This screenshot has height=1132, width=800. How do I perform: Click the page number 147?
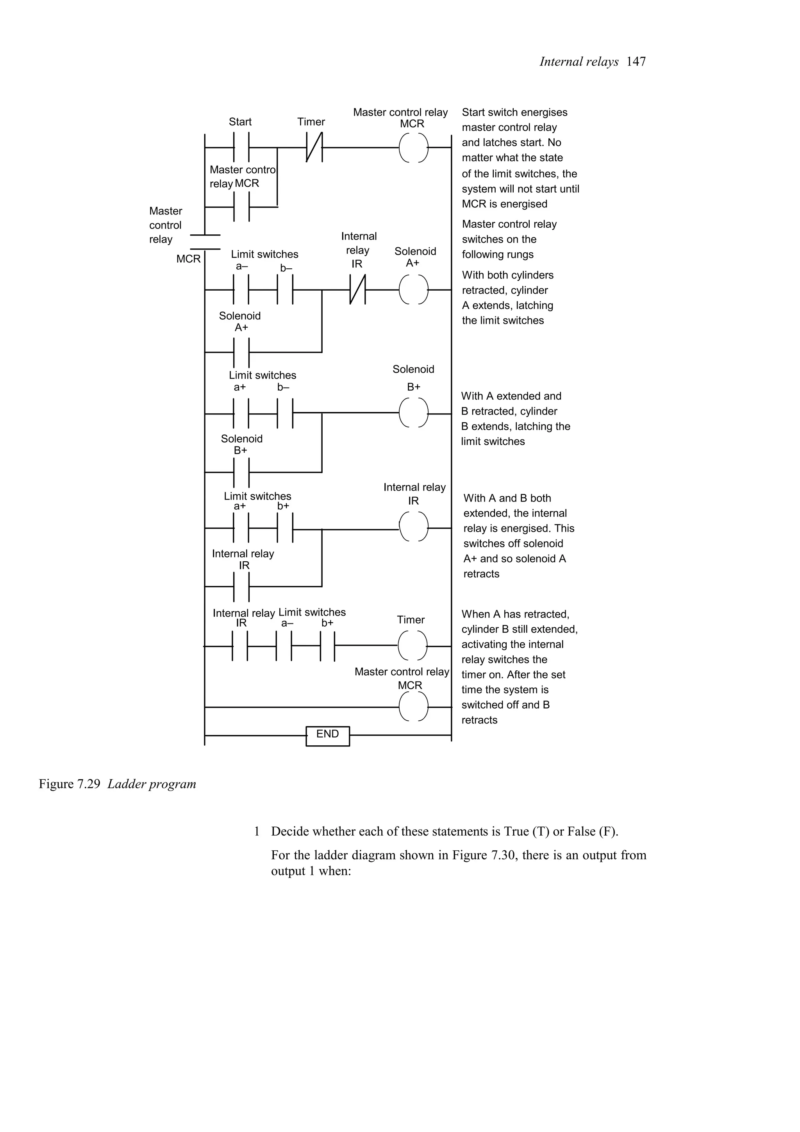coord(636,62)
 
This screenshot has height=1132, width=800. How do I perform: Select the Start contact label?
coord(240,122)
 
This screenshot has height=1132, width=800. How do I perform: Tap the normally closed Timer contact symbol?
coord(314,147)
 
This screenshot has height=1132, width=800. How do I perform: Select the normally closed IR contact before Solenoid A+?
coord(358,290)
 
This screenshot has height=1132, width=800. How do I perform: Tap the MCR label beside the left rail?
coord(188,259)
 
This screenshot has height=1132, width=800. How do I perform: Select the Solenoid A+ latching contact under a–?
coord(241,352)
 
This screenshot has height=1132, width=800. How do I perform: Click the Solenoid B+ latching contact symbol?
coord(241,472)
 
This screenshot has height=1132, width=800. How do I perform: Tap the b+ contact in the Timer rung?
coord(327,646)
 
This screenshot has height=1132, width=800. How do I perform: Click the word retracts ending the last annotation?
coord(479,720)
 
